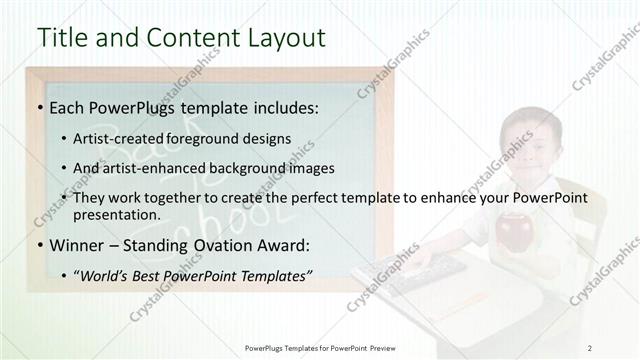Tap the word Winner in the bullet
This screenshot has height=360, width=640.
pyautogui.click(x=75, y=245)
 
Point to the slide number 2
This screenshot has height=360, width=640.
pyautogui.click(x=590, y=348)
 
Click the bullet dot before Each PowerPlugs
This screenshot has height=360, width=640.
pyautogui.click(x=39, y=108)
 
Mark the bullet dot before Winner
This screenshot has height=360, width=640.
pyautogui.click(x=39, y=245)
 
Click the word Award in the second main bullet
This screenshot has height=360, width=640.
pyautogui.click(x=276, y=245)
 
